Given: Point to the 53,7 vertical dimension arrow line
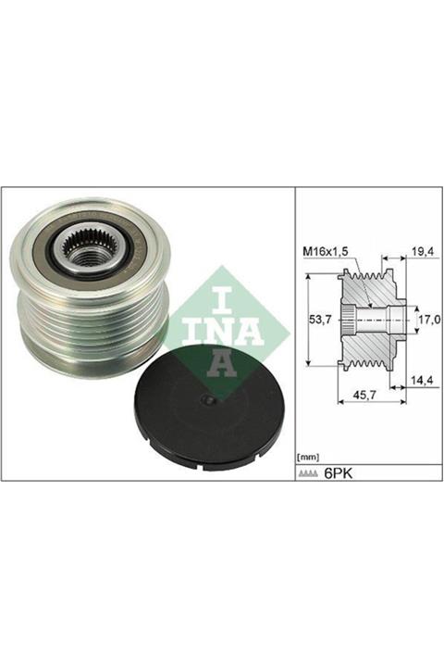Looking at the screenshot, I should (x=305, y=319).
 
